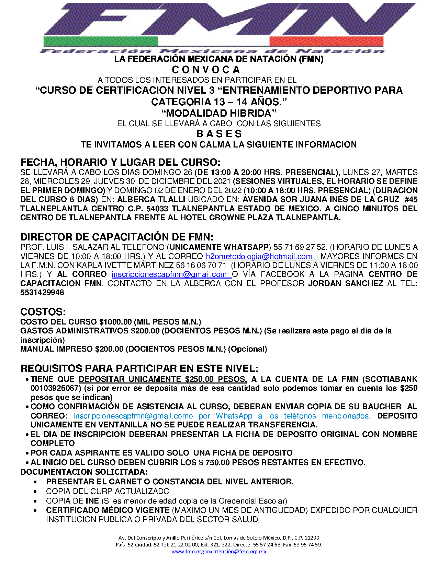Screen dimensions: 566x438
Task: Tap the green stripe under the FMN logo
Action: click(x=100, y=42)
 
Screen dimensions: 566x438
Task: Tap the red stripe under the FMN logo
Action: click(x=326, y=42)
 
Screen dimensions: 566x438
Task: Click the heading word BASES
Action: click(x=219, y=134)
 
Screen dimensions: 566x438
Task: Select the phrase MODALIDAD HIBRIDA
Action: click(x=219, y=113)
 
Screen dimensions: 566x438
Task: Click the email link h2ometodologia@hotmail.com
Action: click(x=259, y=256)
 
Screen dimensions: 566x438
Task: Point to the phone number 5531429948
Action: click(x=42, y=293)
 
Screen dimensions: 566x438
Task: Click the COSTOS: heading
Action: click(x=43, y=312)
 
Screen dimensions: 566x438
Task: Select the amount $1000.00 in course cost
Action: click(x=115, y=322)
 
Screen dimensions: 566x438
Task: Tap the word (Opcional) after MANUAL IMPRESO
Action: click(x=248, y=349)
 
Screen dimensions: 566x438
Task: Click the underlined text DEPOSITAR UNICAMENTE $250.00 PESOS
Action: click(x=162, y=379)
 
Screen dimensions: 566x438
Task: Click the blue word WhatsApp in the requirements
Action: click(x=234, y=416)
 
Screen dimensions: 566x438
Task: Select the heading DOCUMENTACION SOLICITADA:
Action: click(x=84, y=472)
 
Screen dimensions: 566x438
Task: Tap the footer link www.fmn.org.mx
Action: click(x=192, y=552)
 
